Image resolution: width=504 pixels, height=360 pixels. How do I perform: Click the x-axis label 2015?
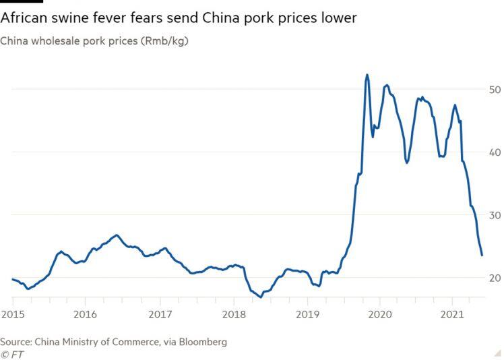[11, 314]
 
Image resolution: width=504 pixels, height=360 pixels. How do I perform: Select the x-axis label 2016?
[85, 314]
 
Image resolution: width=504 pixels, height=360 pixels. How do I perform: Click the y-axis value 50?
[495, 90]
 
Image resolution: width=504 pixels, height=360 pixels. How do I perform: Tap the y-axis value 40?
[495, 152]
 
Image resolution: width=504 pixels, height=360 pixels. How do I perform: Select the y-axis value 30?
[495, 215]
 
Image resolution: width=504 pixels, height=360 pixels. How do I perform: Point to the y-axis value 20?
[495, 278]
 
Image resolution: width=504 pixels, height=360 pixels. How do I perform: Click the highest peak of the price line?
[367, 75]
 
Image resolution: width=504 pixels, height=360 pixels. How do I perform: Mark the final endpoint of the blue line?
[482, 255]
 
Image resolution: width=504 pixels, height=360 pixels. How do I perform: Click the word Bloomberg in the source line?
[201, 342]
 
